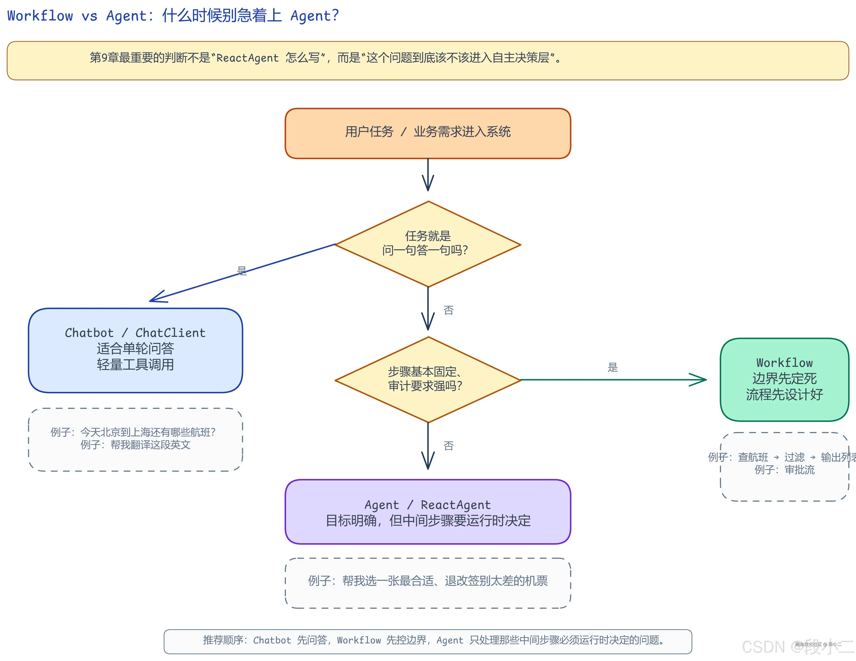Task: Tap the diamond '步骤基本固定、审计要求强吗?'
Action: click(x=428, y=379)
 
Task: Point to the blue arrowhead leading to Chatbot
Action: click(x=157, y=298)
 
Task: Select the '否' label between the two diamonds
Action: click(x=448, y=310)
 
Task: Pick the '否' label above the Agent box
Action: click(x=448, y=446)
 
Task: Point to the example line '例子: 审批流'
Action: click(x=784, y=470)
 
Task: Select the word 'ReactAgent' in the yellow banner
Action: click(x=247, y=58)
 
